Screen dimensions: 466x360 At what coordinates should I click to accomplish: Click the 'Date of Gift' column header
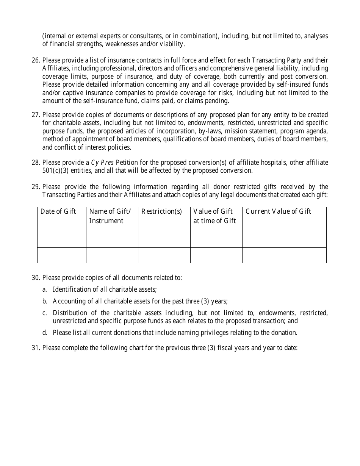[x=58, y=211]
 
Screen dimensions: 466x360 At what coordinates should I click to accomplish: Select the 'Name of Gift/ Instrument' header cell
[x=110, y=216]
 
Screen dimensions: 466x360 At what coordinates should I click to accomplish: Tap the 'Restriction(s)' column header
[x=161, y=211]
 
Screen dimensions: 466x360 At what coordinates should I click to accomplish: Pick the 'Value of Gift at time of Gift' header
[x=214, y=216]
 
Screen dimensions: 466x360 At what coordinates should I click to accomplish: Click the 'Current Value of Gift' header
[x=278, y=211]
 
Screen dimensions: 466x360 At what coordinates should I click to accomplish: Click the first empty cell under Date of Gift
[x=62, y=240]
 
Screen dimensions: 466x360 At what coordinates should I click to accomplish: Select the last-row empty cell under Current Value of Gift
[x=284, y=255]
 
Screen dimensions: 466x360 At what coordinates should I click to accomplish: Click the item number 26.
[x=36, y=60]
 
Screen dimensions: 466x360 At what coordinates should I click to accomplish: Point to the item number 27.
[x=36, y=115]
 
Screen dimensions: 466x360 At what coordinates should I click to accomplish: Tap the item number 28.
[x=36, y=163]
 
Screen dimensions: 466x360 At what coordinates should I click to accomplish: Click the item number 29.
[x=36, y=187]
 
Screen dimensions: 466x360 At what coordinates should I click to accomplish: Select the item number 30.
[x=36, y=278]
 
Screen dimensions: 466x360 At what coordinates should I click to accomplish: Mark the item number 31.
[x=36, y=347]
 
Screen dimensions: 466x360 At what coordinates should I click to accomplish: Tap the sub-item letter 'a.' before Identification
[x=45, y=289]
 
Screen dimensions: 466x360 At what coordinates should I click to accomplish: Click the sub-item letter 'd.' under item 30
[x=45, y=333]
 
